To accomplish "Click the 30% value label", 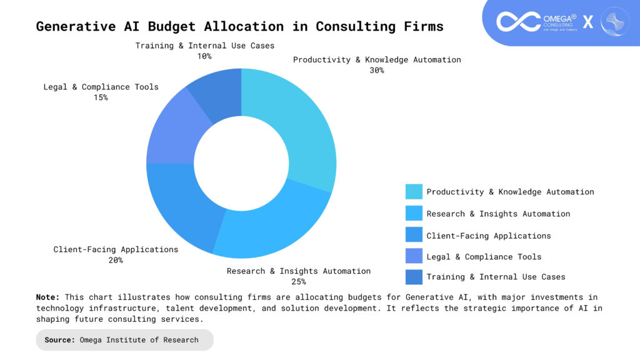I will [x=377, y=71].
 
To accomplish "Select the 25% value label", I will [x=298, y=282].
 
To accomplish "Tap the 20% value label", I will [x=116, y=260].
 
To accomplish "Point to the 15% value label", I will [x=101, y=97].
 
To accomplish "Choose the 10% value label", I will [x=204, y=56].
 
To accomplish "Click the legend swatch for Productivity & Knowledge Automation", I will [x=413, y=192].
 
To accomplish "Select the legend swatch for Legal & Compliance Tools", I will [x=413, y=256].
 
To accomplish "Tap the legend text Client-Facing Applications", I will [x=489, y=236].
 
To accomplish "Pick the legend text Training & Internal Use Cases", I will [x=496, y=277].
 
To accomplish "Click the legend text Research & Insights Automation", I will [x=498, y=214].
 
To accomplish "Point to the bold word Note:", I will [x=48, y=297].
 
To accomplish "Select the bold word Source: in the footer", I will [x=60, y=340].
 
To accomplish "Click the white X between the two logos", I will [x=588, y=22].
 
